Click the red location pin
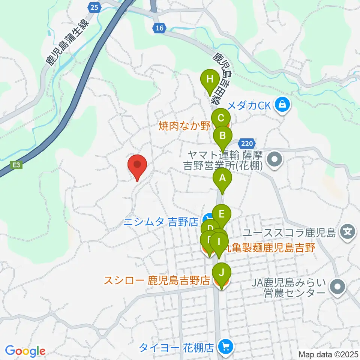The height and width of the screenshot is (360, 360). point(137,165)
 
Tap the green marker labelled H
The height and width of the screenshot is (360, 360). point(210,80)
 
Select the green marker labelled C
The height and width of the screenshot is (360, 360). point(221,119)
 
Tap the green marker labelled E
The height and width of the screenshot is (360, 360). point(221,214)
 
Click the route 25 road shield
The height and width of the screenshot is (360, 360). point(95,7)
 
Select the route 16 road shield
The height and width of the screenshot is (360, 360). point(159,28)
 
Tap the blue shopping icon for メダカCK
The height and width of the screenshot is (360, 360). point(283,105)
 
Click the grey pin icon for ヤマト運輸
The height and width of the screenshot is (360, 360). point(275,160)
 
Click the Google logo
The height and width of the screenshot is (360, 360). point(25,351)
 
